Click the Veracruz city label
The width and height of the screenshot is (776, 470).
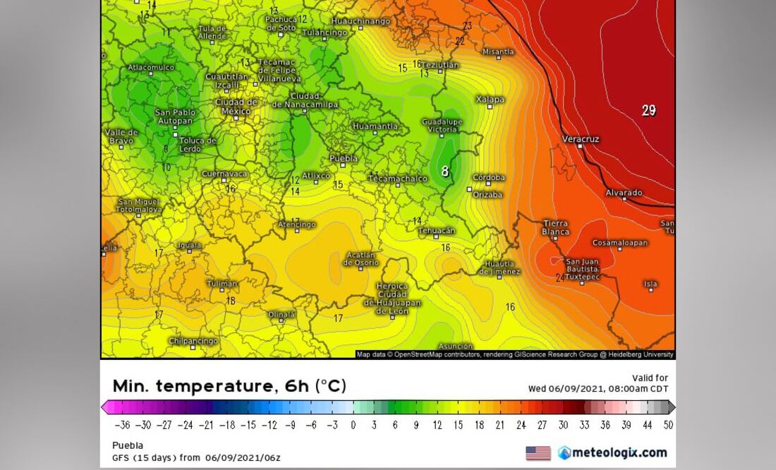(581, 139)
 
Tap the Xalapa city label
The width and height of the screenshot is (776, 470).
(490, 100)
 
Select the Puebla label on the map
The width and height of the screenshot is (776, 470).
(344, 159)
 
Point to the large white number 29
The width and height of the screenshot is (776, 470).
(649, 110)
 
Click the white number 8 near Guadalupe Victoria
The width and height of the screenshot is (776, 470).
(445, 171)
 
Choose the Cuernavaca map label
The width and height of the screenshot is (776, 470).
(224, 174)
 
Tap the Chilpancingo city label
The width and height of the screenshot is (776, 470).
(193, 341)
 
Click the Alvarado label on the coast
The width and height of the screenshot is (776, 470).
(624, 193)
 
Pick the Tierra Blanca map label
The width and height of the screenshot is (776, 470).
(556, 227)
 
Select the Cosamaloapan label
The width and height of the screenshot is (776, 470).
(619, 243)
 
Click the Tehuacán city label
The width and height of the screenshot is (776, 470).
(437, 231)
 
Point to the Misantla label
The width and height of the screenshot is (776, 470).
(498, 52)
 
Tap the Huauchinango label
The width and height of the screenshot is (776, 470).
(360, 21)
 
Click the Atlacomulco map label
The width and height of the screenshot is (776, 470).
(151, 68)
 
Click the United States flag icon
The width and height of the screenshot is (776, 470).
(538, 453)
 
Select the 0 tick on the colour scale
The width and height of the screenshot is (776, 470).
(353, 425)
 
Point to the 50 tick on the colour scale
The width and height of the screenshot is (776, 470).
(667, 425)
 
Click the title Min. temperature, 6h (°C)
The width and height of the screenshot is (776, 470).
(229, 386)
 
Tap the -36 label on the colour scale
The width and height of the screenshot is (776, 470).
(123, 425)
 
